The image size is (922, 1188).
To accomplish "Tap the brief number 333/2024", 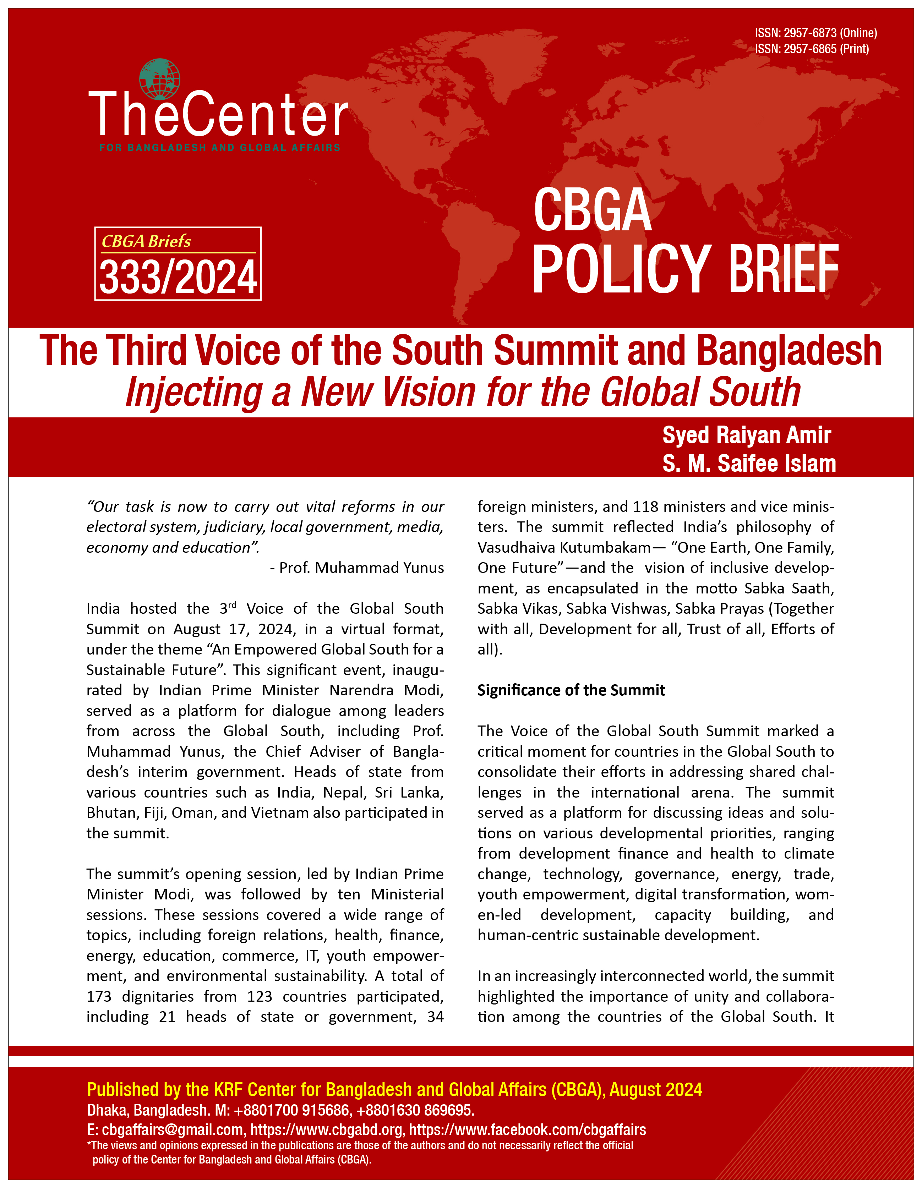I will (x=178, y=278).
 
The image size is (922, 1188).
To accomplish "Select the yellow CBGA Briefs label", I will (x=146, y=241).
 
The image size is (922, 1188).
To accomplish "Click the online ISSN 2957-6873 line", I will (x=815, y=33).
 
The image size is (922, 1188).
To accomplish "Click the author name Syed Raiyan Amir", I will (x=746, y=435).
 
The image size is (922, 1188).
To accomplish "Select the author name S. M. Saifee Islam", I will (x=748, y=464).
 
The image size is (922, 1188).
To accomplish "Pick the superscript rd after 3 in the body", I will (x=232, y=605).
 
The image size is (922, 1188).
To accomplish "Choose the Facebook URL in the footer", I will (x=527, y=1130).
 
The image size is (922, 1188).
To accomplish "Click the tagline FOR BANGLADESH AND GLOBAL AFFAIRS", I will (x=220, y=147).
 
